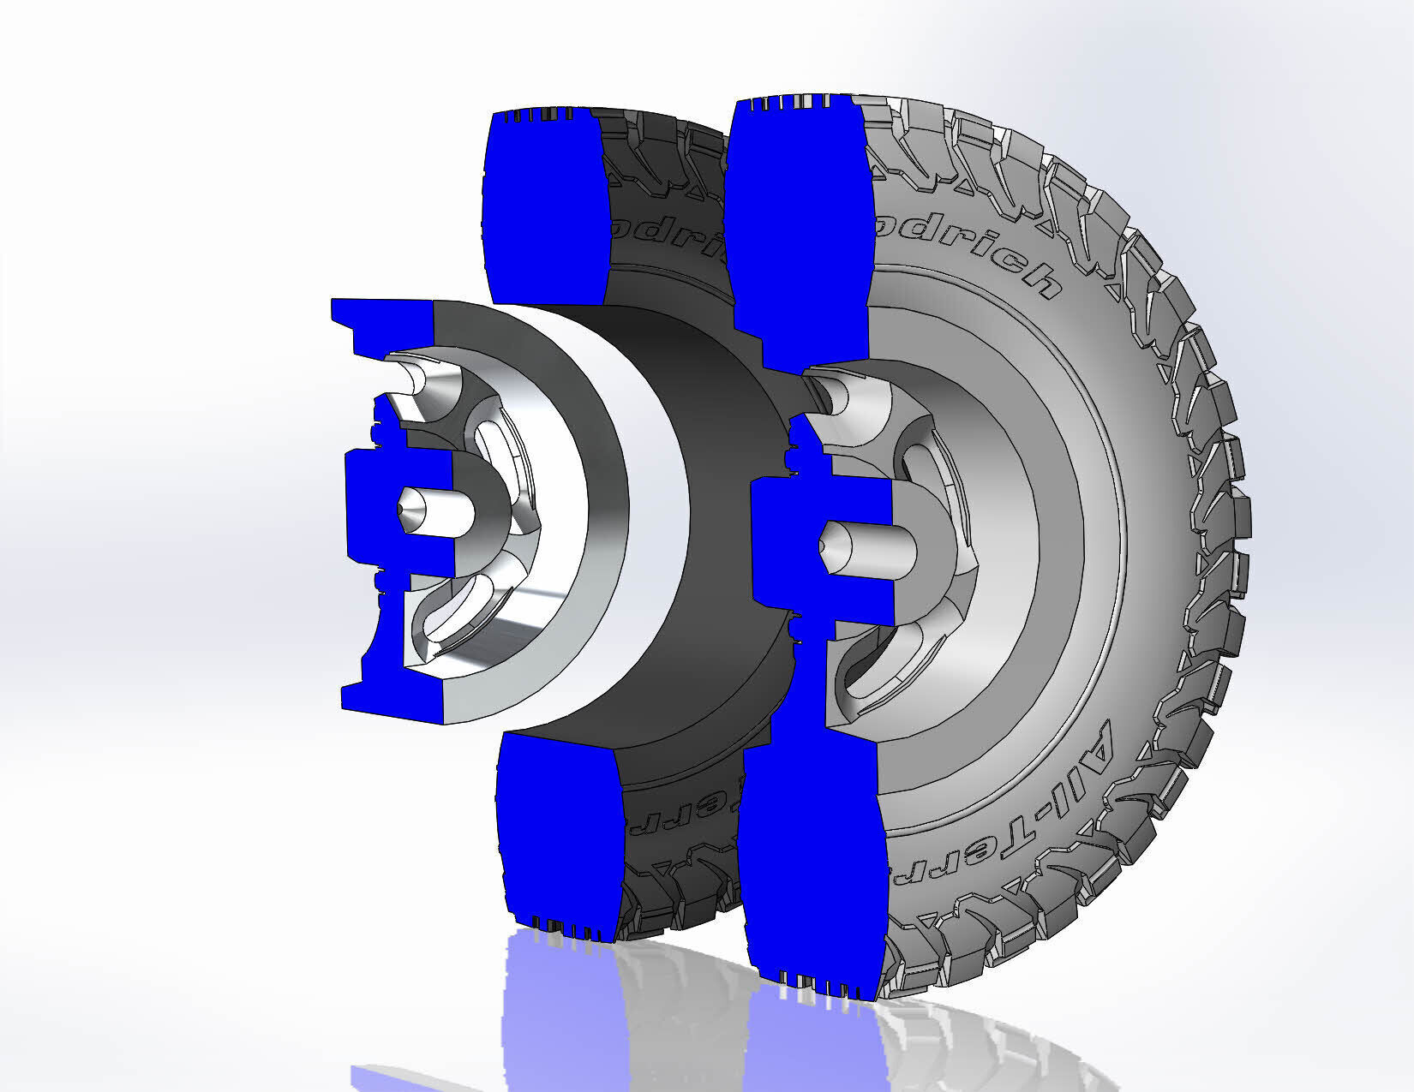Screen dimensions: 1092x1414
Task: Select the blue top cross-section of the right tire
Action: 797,231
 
